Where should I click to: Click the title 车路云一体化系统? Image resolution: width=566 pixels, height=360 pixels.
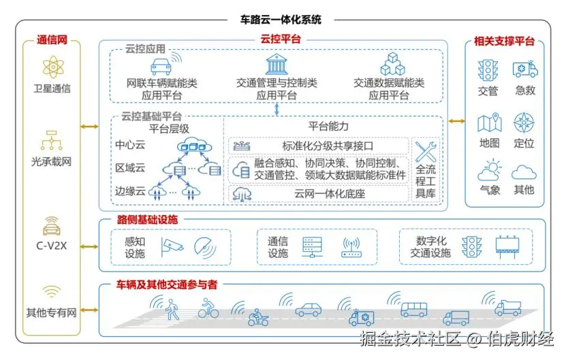tap(281, 20)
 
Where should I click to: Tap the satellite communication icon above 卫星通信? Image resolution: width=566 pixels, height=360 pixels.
tap(52, 68)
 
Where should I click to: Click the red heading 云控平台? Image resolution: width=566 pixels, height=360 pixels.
tap(281, 40)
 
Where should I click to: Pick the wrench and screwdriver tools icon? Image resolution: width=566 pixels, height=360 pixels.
tap(426, 151)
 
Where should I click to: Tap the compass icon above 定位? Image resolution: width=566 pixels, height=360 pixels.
tap(524, 123)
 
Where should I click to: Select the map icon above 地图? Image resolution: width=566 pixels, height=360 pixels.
tap(489, 123)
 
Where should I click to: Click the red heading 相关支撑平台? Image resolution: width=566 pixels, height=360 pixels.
tap(504, 42)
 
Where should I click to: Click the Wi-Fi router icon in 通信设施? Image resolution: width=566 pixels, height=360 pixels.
tap(351, 246)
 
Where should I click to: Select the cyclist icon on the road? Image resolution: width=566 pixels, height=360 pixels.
tap(208, 310)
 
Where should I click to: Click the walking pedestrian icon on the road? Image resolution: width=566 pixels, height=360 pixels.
tap(172, 311)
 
